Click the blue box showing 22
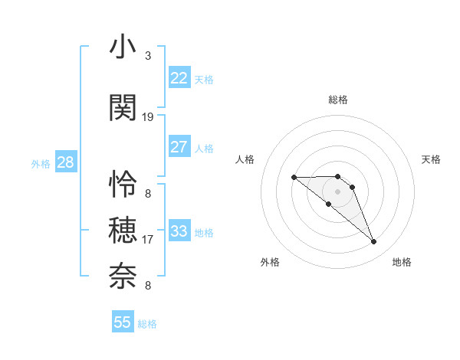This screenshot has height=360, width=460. [179, 78]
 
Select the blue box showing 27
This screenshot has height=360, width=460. [179, 147]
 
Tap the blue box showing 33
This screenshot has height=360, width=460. [179, 231]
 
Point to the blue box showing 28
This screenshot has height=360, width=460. [65, 162]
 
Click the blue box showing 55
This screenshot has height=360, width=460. [123, 322]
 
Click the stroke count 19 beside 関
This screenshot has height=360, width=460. [148, 117]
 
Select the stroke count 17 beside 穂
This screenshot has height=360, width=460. [148, 240]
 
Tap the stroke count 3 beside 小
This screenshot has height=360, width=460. [148, 56]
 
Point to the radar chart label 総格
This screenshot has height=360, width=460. [338, 100]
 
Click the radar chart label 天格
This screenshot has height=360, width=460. [431, 159]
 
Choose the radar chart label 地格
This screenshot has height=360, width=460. [402, 262]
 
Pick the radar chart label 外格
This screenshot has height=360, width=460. [270, 262]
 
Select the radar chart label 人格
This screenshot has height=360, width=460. [245, 159]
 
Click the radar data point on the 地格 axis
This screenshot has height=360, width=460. [374, 242]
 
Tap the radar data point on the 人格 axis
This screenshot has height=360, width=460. [294, 178]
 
